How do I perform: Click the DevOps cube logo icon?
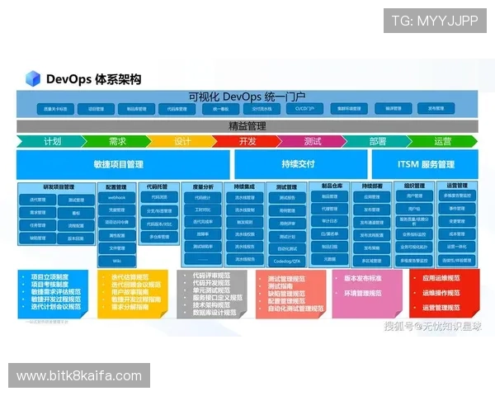click(33, 79)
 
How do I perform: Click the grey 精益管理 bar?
click(247, 126)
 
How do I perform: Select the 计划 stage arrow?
click(51, 141)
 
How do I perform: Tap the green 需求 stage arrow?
click(116, 141)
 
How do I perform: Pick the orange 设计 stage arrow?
click(182, 141)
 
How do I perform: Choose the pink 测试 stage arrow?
click(312, 141)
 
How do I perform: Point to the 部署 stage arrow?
click(377, 141)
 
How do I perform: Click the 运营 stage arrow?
click(442, 141)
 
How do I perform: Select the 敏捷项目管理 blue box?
click(118, 164)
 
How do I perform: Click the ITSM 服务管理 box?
click(425, 164)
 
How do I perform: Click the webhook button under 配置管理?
click(117, 198)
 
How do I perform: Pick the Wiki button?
click(117, 260)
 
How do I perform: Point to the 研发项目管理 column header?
click(58, 186)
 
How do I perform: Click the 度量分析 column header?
click(202, 186)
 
